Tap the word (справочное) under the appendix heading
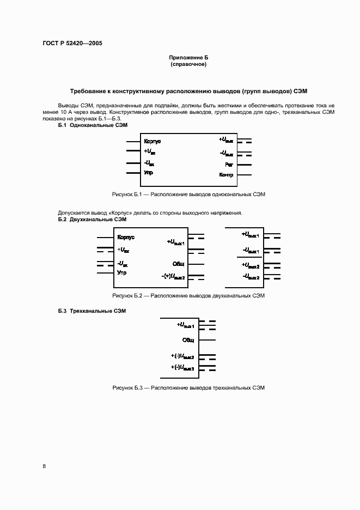(x=188, y=64)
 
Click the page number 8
(x=44, y=466)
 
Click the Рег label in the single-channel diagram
(x=229, y=164)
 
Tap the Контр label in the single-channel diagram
(x=226, y=175)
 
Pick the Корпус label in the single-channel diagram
(x=152, y=141)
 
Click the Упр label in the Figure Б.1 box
(x=148, y=173)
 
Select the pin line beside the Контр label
(x=244, y=175)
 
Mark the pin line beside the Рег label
(x=244, y=164)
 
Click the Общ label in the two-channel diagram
(x=179, y=263)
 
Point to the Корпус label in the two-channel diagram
(x=126, y=238)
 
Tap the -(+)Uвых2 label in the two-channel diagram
(x=173, y=277)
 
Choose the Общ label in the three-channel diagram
(x=188, y=339)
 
